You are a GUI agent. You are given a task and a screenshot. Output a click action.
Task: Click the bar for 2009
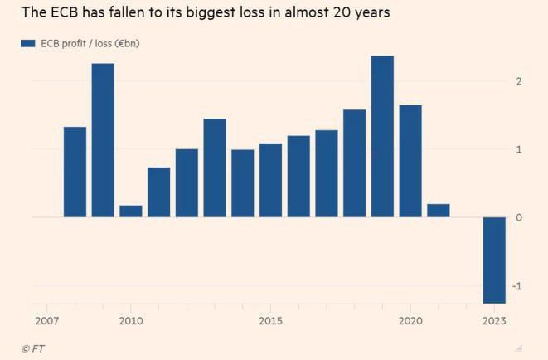point(103,140)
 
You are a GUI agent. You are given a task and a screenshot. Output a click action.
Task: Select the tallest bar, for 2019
point(382,136)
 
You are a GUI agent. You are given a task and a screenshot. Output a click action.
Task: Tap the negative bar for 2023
point(494,260)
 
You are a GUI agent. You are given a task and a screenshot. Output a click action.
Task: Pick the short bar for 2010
point(131,211)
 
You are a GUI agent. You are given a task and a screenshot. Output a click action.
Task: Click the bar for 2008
point(75,172)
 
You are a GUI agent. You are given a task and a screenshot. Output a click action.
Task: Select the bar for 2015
point(270,180)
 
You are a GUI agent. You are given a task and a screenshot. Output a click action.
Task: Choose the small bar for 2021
point(438,210)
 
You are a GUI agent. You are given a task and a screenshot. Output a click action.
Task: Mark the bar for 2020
point(410,161)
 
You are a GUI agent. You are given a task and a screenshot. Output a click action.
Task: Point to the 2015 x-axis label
point(270,319)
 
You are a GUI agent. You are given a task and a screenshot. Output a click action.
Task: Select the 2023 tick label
point(494,319)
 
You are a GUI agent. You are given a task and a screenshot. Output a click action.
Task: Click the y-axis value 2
point(518,81)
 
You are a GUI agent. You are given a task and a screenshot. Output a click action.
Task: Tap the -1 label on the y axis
point(517,286)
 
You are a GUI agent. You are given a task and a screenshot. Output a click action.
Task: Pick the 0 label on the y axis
point(518,217)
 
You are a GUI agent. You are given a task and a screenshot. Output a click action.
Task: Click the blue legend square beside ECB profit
point(27,44)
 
